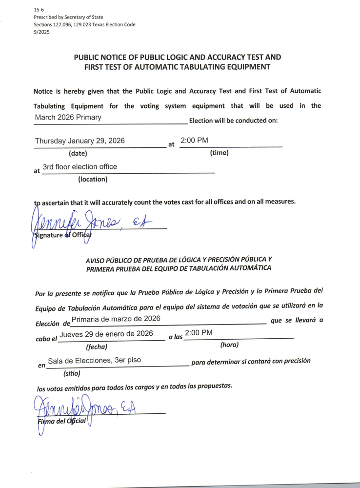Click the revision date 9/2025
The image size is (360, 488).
click(x=41, y=32)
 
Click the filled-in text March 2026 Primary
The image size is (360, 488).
click(x=68, y=117)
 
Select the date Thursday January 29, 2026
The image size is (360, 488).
click(x=80, y=141)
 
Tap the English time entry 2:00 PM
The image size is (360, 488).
click(x=194, y=140)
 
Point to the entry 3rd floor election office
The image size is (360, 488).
click(x=80, y=166)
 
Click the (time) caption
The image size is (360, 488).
click(x=219, y=153)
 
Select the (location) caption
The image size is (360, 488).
click(x=93, y=179)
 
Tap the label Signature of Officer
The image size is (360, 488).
click(x=62, y=235)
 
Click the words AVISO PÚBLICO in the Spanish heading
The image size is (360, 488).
click(x=108, y=259)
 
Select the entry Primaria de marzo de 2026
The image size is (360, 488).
click(x=116, y=319)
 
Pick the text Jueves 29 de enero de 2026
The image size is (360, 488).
click(x=106, y=334)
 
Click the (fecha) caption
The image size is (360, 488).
click(x=97, y=347)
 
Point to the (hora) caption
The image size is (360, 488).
click(x=229, y=345)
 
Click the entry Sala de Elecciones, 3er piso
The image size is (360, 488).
click(x=95, y=360)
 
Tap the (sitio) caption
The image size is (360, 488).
click(x=72, y=374)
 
